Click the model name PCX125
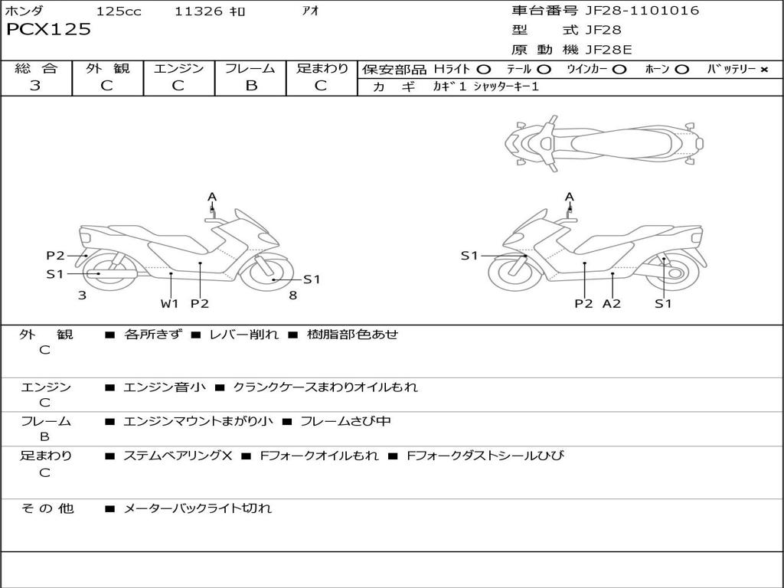click(48, 30)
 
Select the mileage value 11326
click(198, 11)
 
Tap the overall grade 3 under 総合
click(35, 86)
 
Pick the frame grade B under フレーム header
click(251, 86)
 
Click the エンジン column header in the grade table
click(178, 68)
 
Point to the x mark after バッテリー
click(763, 69)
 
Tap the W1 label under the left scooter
click(169, 303)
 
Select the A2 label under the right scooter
click(612, 303)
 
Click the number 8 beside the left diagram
click(292, 295)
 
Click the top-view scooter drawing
click(604, 143)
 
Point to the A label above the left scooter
click(212, 197)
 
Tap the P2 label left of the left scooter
click(55, 256)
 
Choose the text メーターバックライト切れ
click(198, 508)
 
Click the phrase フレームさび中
click(345, 421)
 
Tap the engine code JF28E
click(609, 50)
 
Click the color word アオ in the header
click(311, 11)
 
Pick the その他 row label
click(47, 508)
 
